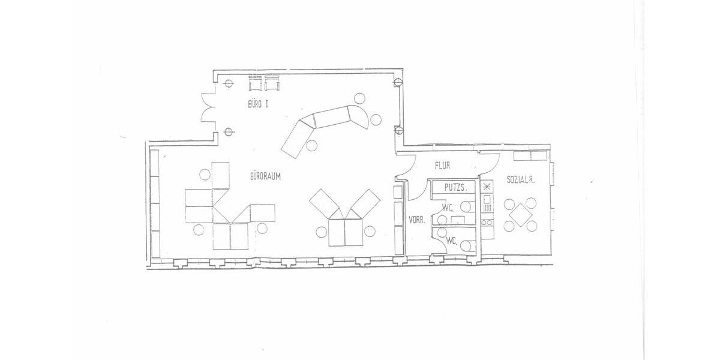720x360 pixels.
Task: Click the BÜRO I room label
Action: coord(258,104)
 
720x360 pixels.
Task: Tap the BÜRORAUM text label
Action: coord(266,176)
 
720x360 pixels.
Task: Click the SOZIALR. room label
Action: coord(521,180)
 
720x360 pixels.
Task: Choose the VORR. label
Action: coord(417,220)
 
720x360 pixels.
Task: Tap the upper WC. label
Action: coord(448,208)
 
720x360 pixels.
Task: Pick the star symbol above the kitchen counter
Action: coord(487,185)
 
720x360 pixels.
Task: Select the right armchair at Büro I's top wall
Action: coord(273,84)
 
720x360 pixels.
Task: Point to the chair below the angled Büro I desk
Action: coord(311,145)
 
